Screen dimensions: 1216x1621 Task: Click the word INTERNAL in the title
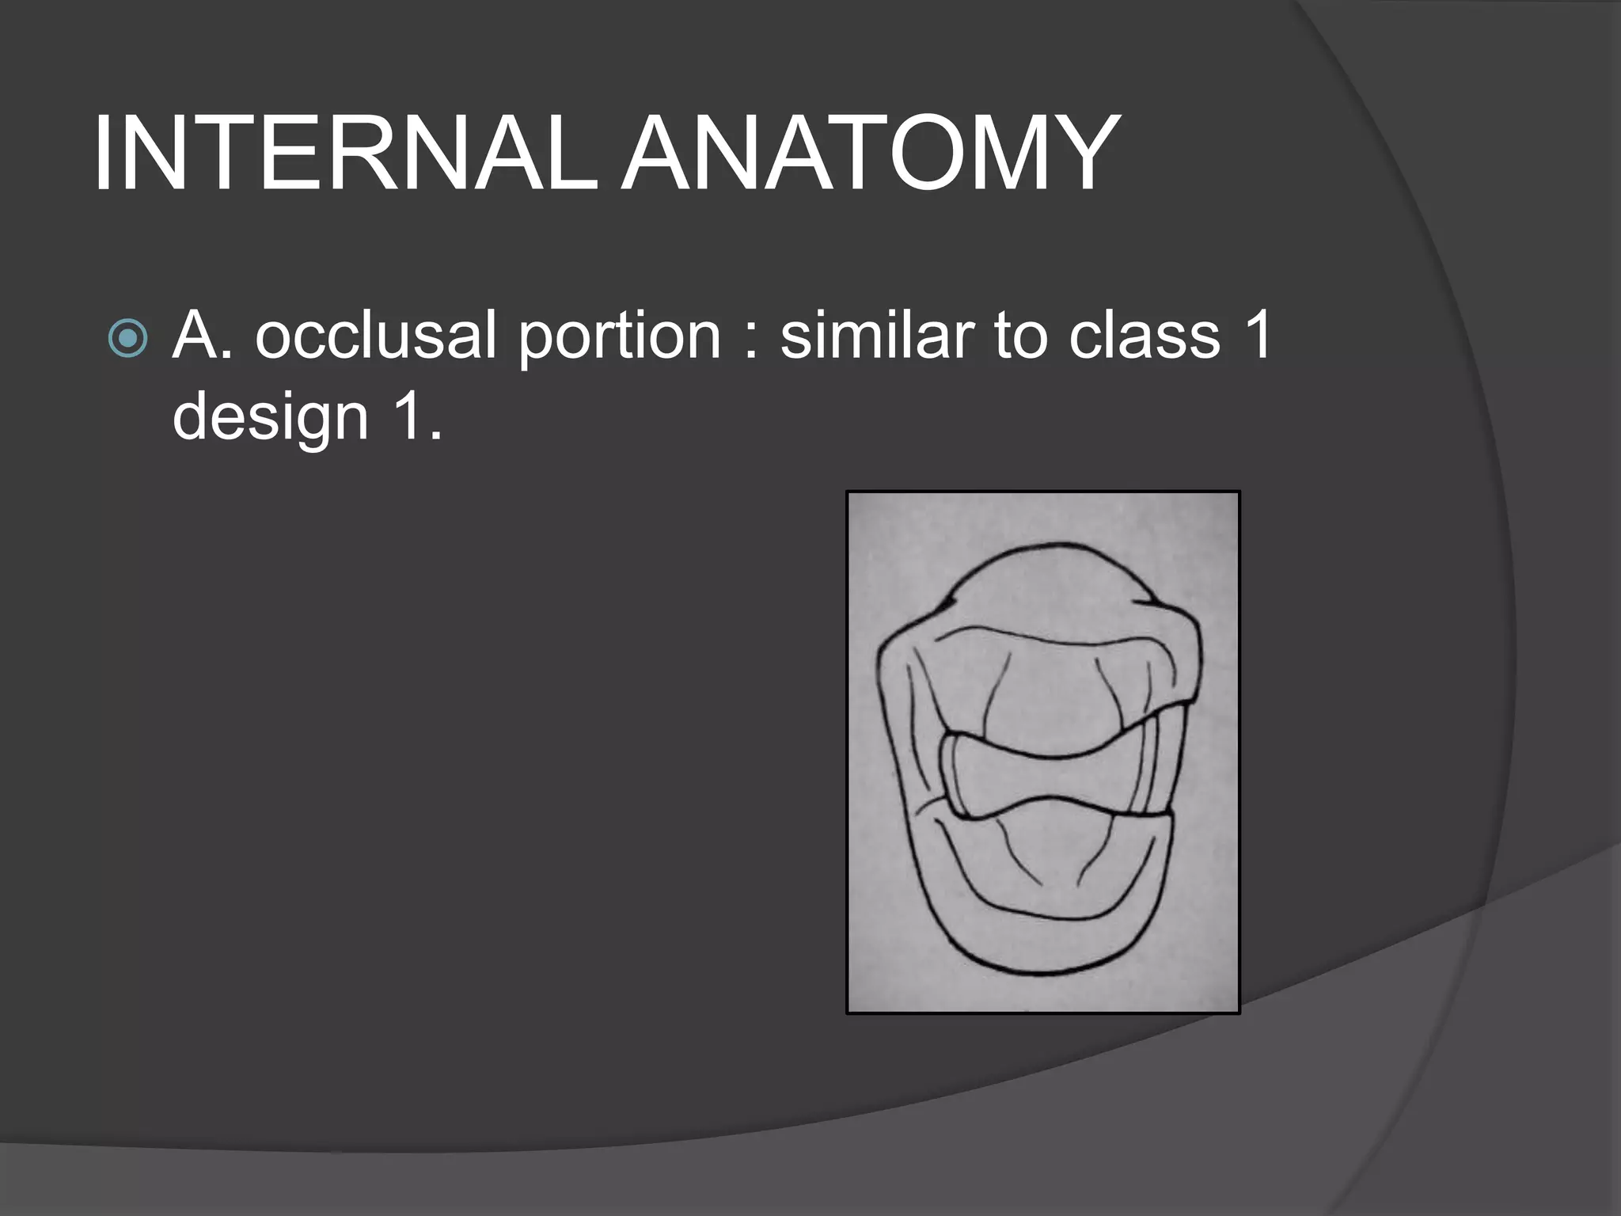344,154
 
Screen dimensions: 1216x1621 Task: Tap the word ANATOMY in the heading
869,154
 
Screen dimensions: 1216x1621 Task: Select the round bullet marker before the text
128,339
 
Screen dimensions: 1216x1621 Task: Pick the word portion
619,336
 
